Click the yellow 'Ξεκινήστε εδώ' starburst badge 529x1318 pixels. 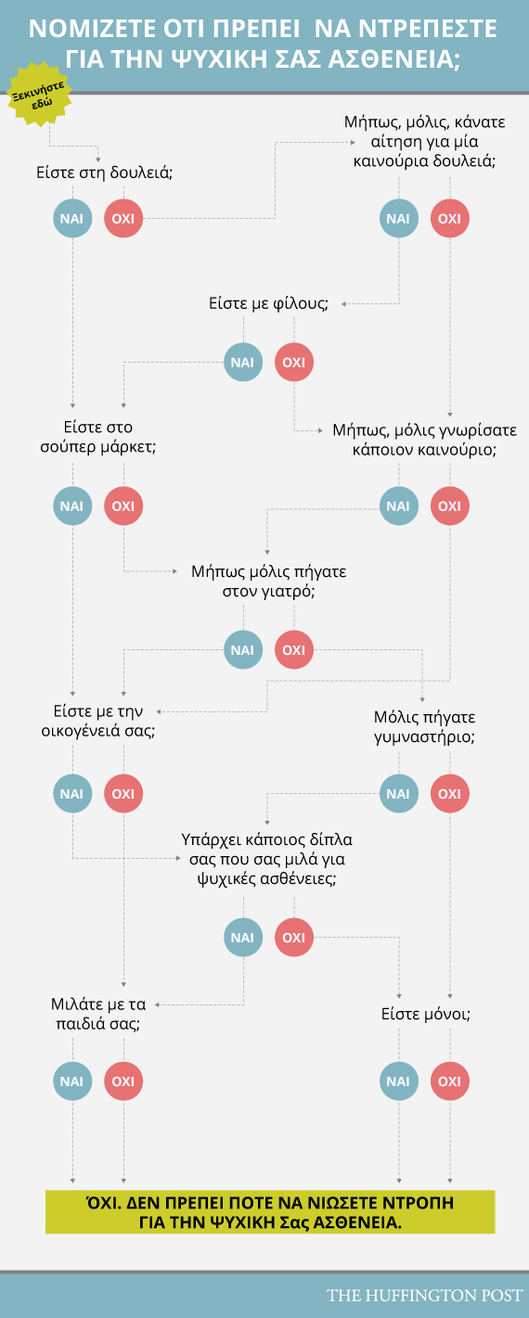point(39,94)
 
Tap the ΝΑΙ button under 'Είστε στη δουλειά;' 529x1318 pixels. point(72,218)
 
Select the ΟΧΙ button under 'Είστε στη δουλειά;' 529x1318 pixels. point(123,218)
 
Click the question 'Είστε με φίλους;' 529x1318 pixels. point(268,303)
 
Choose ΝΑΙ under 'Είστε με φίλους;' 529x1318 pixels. point(243,362)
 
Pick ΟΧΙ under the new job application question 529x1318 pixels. point(450,218)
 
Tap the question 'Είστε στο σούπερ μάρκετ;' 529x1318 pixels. point(98,437)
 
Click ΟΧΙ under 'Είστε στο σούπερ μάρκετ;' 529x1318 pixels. point(123,506)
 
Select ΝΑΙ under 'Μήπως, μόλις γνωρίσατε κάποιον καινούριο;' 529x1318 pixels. point(399,506)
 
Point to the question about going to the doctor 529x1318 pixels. point(269,581)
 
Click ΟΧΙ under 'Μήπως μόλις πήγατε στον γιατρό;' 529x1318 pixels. point(294,649)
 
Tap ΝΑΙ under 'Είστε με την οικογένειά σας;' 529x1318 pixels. point(72,794)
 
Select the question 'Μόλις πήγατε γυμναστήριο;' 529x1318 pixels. point(424,726)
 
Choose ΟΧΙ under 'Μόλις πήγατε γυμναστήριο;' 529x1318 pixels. point(450,794)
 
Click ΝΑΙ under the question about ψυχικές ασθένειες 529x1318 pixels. point(243,938)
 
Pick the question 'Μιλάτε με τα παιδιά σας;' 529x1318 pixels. point(98,1014)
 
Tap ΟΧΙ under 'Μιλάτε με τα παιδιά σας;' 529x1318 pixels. point(123,1081)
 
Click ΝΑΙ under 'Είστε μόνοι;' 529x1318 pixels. point(399,1081)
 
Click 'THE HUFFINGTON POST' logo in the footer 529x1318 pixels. point(424,1295)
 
